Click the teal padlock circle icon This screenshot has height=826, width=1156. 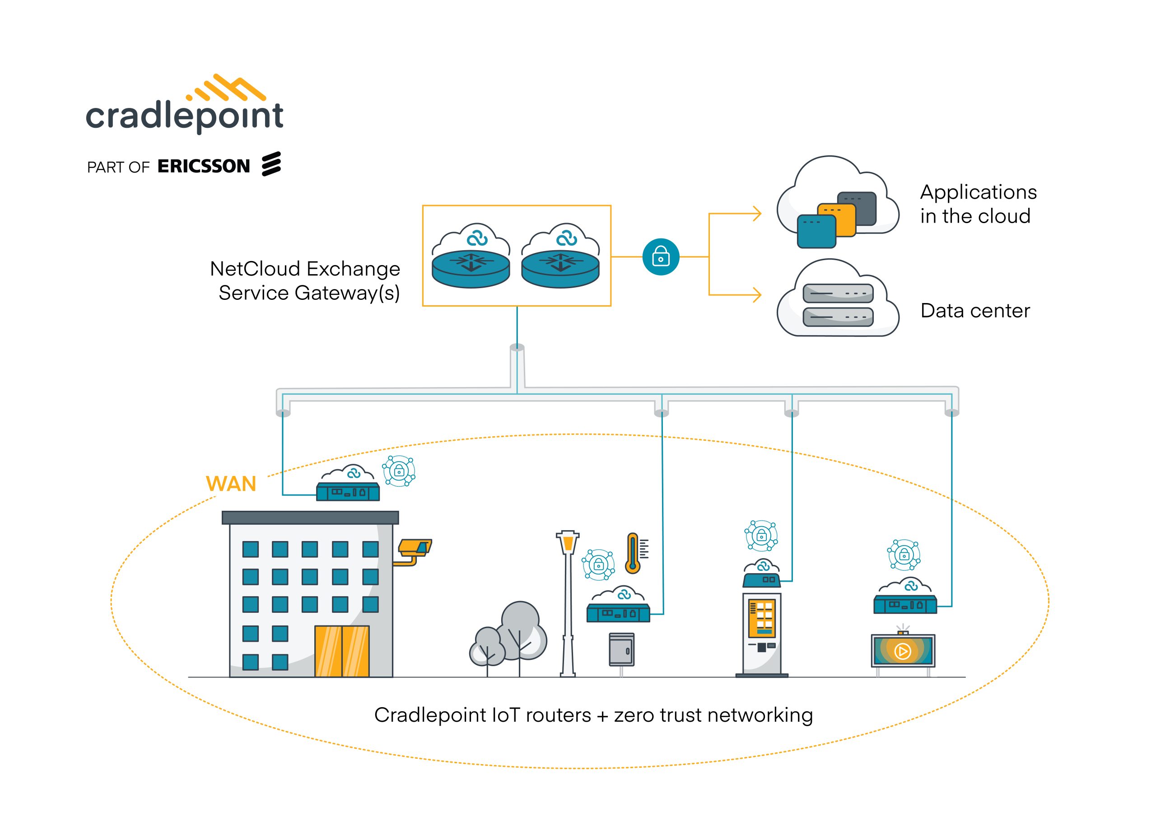pyautogui.click(x=661, y=257)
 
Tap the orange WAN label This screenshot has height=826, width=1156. pyautogui.click(x=231, y=484)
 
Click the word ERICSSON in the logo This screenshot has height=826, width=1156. pyautogui.click(x=204, y=166)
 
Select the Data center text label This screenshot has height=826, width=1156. pyautogui.click(x=974, y=311)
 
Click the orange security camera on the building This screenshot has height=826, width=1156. pyautogui.click(x=415, y=548)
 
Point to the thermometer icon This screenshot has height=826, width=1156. pyautogui.click(x=633, y=553)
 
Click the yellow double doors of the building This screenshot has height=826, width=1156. pyautogui.click(x=342, y=651)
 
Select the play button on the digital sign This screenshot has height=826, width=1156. pyautogui.click(x=902, y=651)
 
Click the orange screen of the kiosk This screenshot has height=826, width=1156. pyautogui.click(x=761, y=618)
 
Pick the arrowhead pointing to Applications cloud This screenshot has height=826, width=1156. pyautogui.click(x=757, y=214)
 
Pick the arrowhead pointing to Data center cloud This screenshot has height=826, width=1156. pyautogui.click(x=757, y=294)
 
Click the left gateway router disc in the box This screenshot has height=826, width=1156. pyautogui.click(x=471, y=269)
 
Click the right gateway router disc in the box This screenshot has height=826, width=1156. pyautogui.click(x=560, y=269)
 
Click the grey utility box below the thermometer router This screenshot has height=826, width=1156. pyautogui.click(x=621, y=649)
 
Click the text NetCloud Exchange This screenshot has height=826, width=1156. pyautogui.click(x=305, y=269)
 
